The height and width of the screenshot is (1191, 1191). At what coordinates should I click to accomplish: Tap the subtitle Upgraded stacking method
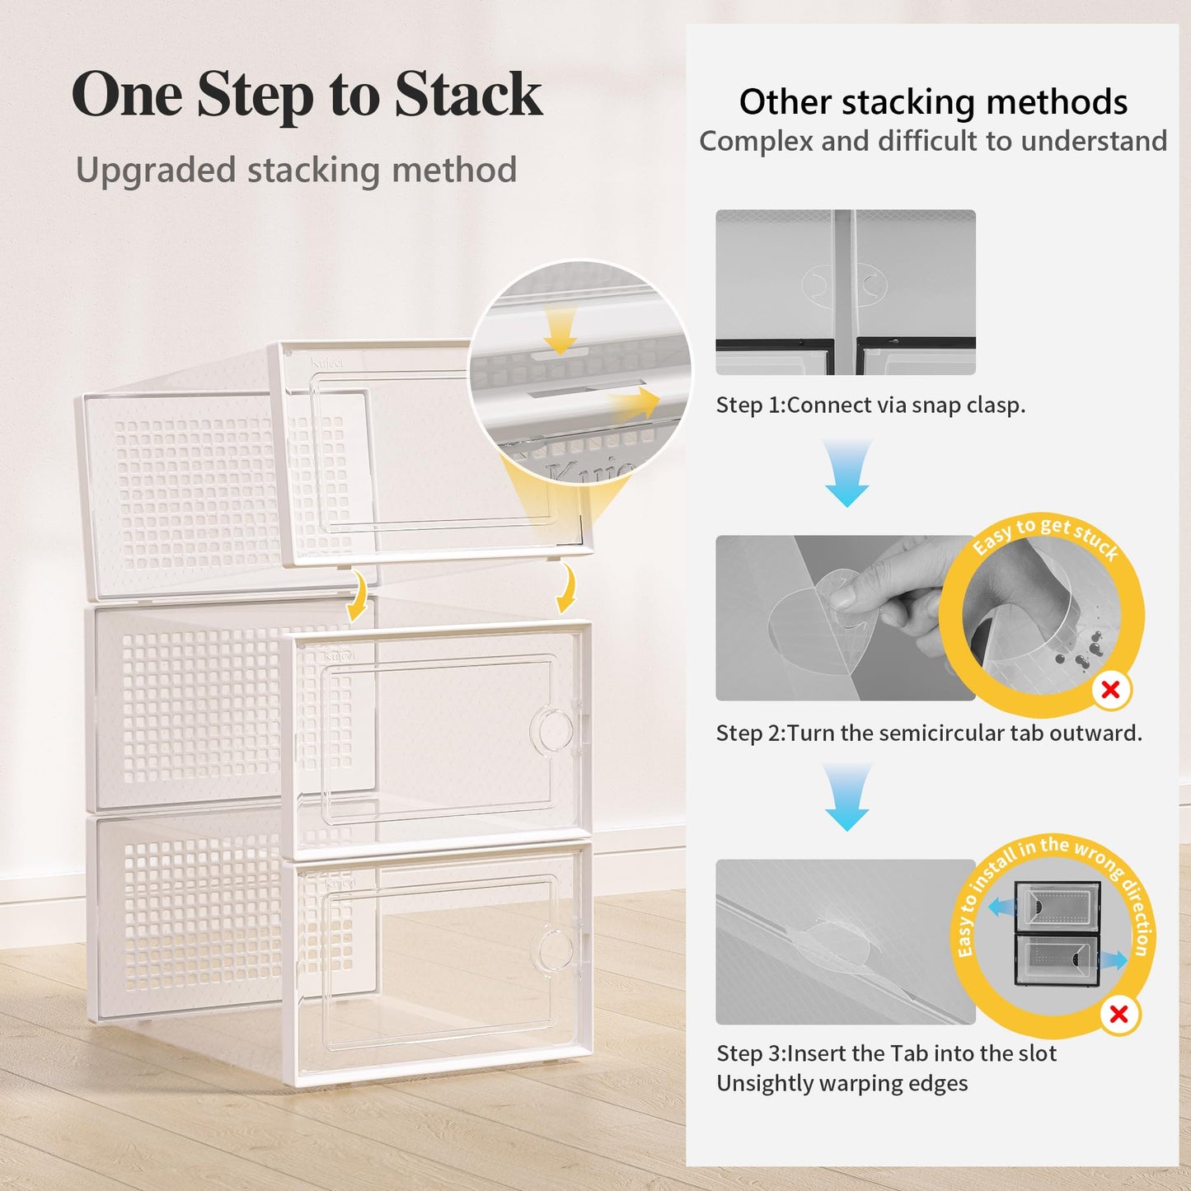pos(296,170)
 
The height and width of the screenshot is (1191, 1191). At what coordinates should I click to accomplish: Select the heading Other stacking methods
pos(932,102)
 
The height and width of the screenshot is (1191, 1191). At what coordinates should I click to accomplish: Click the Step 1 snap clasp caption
pos(870,405)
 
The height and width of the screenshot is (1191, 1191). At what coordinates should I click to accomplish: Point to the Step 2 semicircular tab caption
pos(928,733)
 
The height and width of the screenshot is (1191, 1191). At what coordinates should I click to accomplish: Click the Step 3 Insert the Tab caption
pos(886,1053)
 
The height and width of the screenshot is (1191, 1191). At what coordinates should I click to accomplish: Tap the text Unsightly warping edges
pos(842,1083)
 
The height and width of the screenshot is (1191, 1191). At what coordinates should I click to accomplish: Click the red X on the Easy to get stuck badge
pos(1110,690)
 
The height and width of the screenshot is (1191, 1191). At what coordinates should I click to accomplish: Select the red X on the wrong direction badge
pos(1118,1014)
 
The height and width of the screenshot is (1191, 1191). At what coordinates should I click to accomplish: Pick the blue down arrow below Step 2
pos(847,797)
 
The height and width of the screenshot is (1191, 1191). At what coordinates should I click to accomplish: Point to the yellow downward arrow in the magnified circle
pos(560,334)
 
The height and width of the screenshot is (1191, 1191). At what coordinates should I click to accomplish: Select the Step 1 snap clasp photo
pos(845,292)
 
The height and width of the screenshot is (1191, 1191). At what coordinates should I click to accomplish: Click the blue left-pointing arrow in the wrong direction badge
pos(1001,907)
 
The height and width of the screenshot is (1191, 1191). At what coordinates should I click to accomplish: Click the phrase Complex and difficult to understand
pos(932,141)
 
